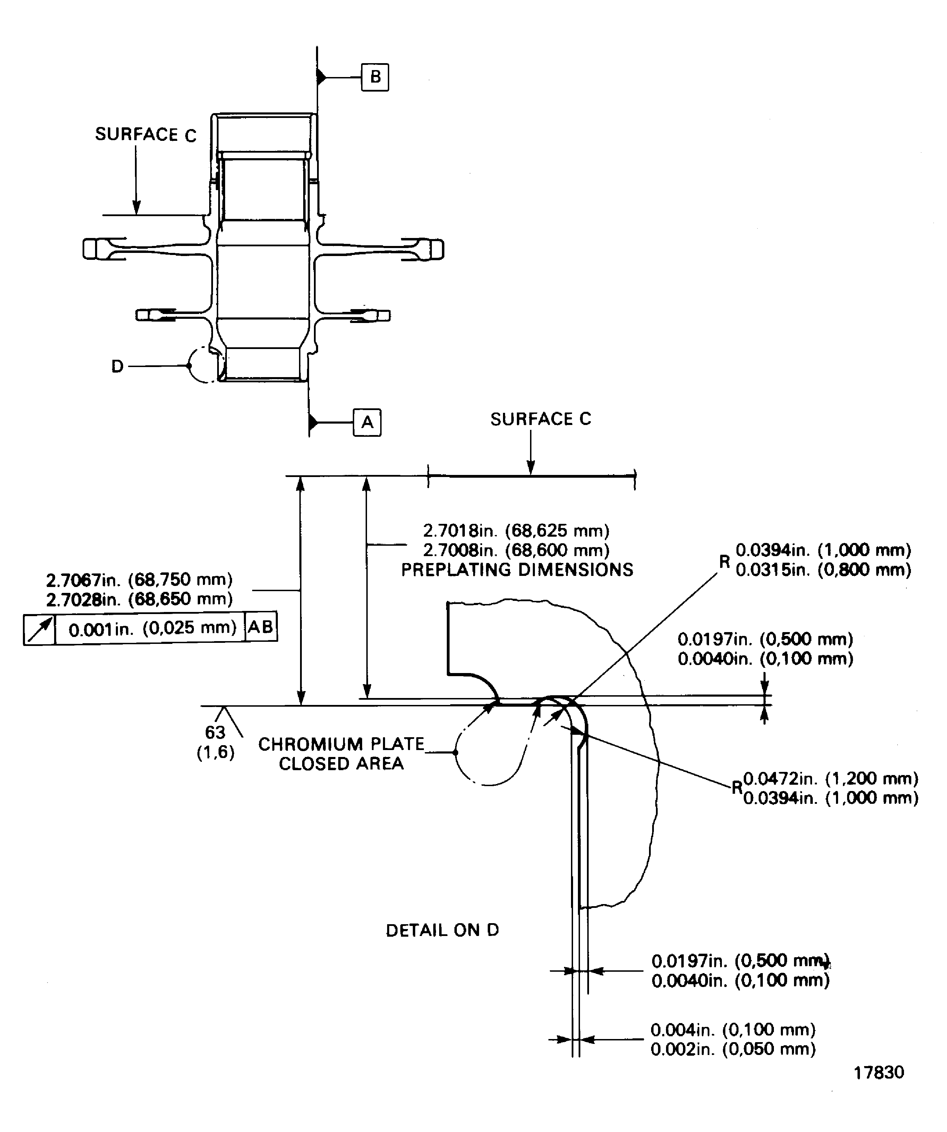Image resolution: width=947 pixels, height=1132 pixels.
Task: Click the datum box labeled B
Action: (x=375, y=77)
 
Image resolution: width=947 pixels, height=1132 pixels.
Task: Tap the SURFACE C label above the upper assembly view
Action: (x=146, y=135)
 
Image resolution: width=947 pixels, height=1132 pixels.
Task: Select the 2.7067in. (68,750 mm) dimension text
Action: (x=139, y=579)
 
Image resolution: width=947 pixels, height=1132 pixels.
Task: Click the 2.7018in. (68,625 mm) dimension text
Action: (x=516, y=531)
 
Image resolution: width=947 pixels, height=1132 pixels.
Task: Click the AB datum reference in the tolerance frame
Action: (x=261, y=627)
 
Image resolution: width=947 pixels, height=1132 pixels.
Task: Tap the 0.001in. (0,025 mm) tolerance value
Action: (x=153, y=628)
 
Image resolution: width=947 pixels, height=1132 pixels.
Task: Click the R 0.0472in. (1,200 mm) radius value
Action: (x=830, y=779)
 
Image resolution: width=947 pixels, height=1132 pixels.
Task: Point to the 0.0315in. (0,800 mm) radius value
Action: (x=823, y=570)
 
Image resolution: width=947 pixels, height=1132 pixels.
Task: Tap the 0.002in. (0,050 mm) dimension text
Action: (x=733, y=1049)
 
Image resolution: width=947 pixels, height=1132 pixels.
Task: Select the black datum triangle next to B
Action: (x=321, y=77)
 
